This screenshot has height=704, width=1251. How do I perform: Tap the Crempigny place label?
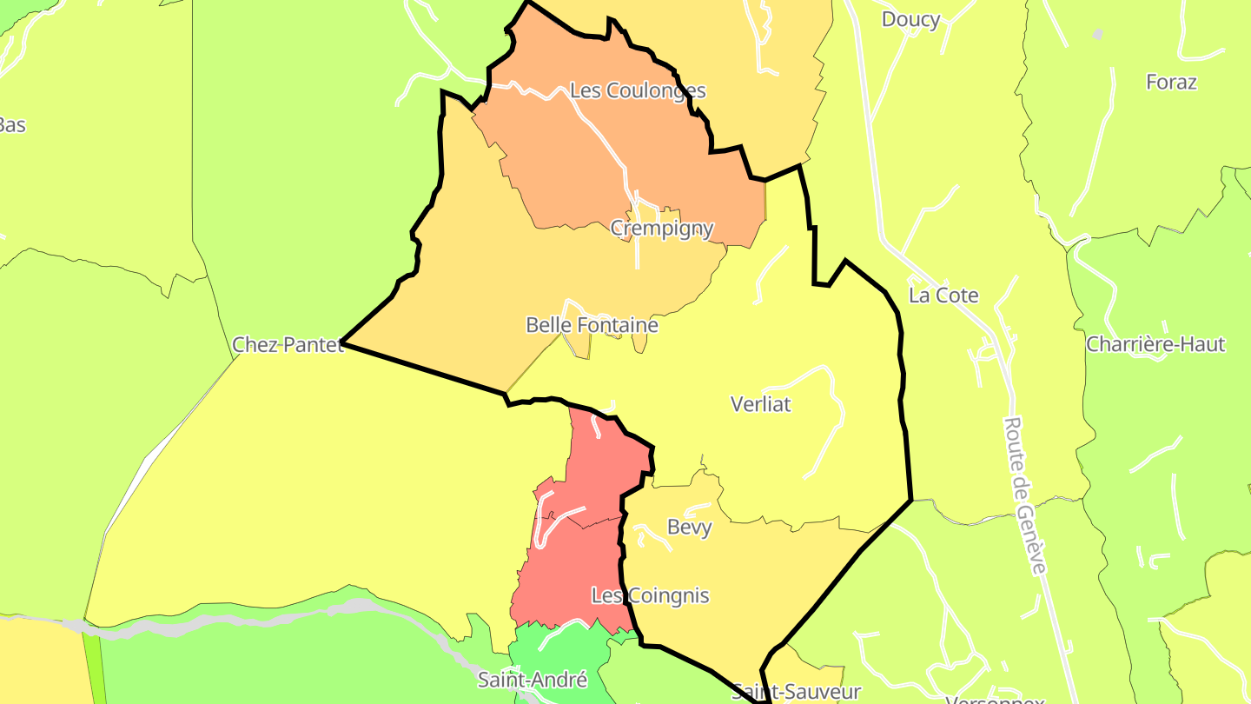coord(662,229)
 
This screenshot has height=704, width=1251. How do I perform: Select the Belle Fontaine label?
coord(592,325)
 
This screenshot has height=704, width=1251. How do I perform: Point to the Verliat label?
coord(761,404)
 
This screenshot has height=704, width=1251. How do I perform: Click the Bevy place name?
coord(690,527)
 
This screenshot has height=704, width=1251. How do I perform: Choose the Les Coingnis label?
coord(650,596)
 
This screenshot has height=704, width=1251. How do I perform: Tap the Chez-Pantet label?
coord(288,345)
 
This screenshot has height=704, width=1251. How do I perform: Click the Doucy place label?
coord(910,19)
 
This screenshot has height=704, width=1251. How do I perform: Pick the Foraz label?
coord(1171,83)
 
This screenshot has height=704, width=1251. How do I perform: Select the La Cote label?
coord(943,296)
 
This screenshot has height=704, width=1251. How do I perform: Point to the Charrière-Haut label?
coord(1155,344)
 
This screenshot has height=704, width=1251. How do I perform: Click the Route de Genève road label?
coord(1025,495)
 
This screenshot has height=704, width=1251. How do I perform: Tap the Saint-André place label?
coord(533,680)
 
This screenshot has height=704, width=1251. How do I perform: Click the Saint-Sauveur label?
coord(796,692)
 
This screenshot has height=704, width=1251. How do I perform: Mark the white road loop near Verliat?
coord(825,408)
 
